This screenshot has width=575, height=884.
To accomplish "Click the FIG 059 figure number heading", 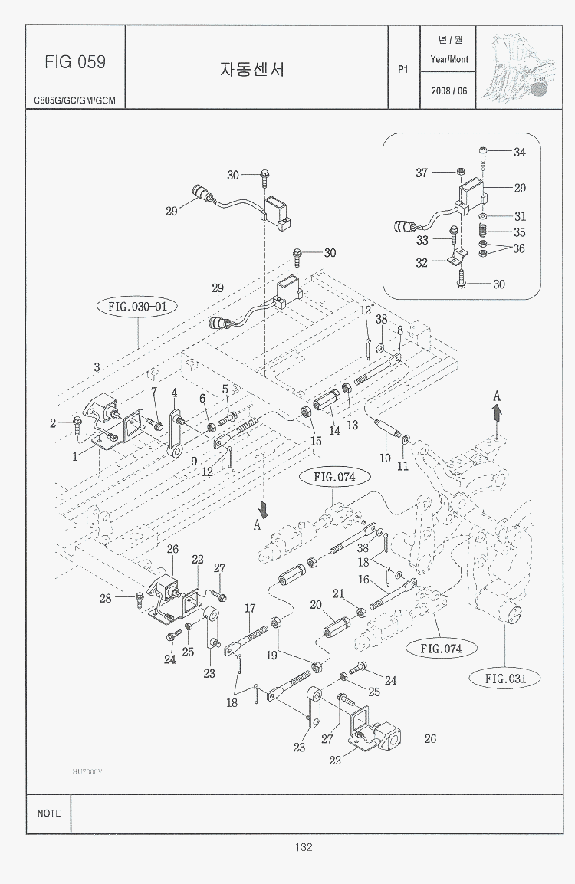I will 75,61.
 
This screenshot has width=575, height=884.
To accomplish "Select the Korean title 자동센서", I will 252,69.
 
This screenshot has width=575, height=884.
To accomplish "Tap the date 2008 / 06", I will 449,90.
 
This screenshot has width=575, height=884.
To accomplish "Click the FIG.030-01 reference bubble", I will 137,307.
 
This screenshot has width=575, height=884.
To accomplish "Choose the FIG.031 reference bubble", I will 507,678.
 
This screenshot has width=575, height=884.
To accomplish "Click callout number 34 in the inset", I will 520,153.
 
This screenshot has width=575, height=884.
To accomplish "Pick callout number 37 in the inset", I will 422,173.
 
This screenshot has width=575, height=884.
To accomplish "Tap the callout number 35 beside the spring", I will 520,232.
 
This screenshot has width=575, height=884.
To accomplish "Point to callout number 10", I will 385,458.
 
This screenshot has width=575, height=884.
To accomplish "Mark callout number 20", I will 315,605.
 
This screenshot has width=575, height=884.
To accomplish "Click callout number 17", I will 250,608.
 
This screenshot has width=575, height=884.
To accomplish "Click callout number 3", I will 97,368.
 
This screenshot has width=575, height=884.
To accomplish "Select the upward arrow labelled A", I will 497,412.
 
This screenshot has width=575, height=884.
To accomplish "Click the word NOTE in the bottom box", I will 49,813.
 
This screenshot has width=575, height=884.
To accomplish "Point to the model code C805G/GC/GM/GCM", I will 74,100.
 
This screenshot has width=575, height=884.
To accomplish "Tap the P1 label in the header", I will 403,69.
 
